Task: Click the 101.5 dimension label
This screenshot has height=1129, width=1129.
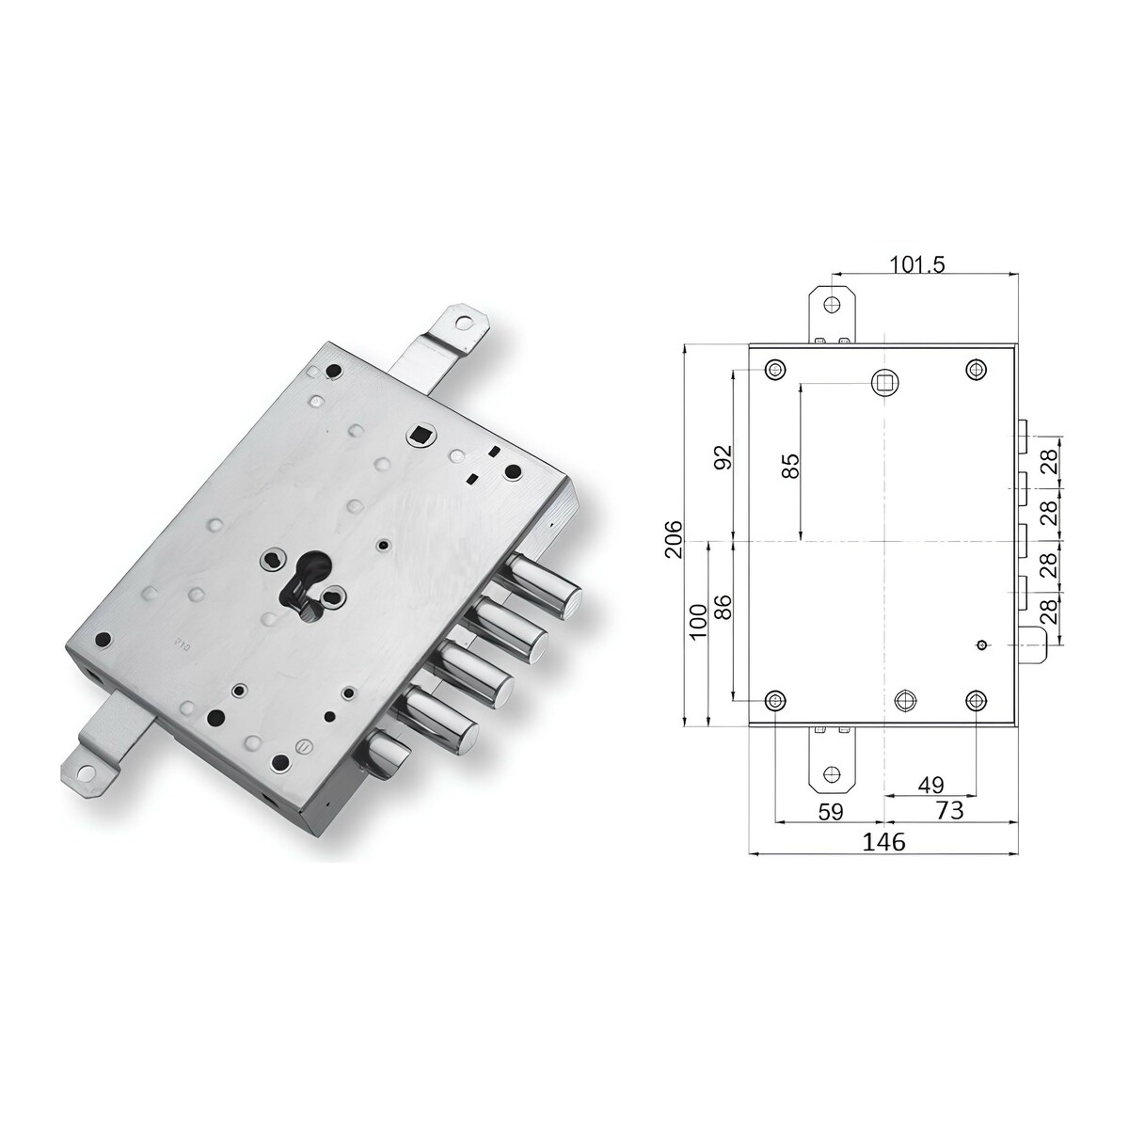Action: click(x=917, y=264)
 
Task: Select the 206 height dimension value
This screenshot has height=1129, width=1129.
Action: click(x=675, y=539)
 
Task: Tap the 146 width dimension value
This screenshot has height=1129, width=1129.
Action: click(x=884, y=841)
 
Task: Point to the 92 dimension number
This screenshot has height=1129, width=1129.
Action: click(x=724, y=457)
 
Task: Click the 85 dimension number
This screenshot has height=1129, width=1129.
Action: click(x=791, y=467)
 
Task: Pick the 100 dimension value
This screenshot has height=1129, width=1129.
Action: click(x=698, y=622)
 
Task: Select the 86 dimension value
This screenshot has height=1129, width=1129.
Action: click(x=724, y=608)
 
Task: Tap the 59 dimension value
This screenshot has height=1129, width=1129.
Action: click(x=830, y=811)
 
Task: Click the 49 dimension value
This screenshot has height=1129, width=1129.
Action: click(x=931, y=785)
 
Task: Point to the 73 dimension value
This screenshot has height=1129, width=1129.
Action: click(x=950, y=810)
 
